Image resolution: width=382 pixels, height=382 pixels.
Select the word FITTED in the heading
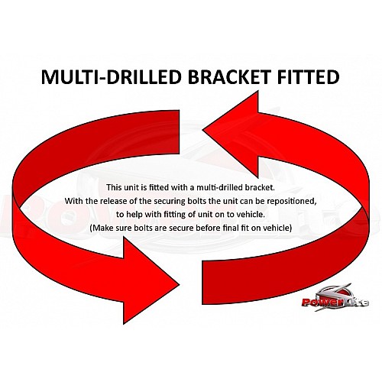point(308,77)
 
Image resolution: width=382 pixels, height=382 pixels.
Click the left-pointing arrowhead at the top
point(231,134)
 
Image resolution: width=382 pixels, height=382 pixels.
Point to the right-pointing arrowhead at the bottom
point(151,280)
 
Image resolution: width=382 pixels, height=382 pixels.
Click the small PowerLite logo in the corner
point(335,297)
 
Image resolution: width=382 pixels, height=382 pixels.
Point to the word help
point(134,215)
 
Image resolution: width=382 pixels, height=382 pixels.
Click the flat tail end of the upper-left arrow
point(180,132)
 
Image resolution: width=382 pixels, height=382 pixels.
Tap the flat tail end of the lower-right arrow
point(202,282)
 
